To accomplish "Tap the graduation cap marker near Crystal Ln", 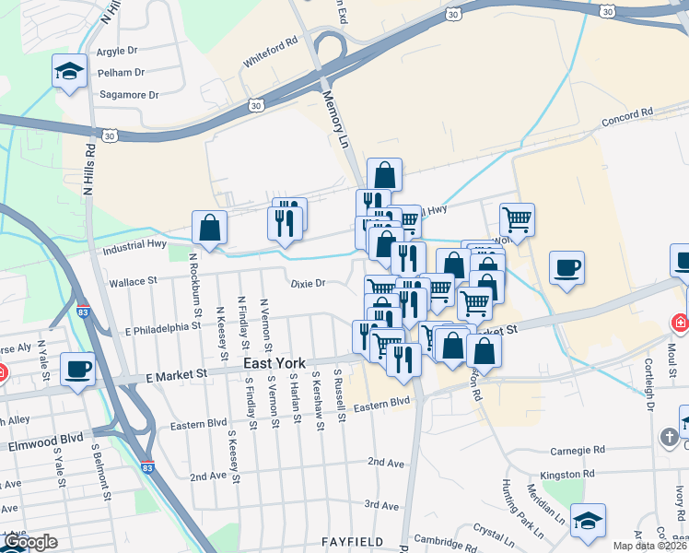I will coord(588,520).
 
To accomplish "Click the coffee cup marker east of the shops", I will coord(566,268).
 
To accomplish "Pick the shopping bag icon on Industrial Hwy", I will coord(210,228).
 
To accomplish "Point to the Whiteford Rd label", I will coord(271,53).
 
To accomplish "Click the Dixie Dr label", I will coord(308,284).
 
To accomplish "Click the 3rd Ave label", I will coord(380,505).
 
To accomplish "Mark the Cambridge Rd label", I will coord(442,539).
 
